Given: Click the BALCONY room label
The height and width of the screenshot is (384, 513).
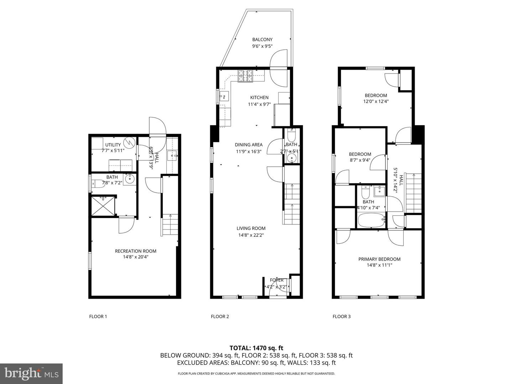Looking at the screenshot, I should pos(262,39).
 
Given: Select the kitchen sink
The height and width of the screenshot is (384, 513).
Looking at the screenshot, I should pos(224,96).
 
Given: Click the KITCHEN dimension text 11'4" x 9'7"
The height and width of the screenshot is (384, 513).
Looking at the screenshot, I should pos(259,105).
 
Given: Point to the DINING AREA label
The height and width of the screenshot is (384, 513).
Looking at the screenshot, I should pos(249,145).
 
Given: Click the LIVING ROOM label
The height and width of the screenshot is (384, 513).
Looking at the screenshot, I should pos(251,228).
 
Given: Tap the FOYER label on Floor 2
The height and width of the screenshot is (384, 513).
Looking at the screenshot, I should pos(277,280).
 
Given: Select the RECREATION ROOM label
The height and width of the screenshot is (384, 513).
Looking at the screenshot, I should pos(135,251).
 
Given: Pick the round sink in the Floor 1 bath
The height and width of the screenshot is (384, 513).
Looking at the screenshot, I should pos(129,178).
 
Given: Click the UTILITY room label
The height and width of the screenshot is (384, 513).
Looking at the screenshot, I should pos(113,145).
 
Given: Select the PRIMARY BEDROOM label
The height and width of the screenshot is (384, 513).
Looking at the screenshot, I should pos(379,259).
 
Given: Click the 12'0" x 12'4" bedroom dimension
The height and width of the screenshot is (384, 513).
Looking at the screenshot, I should pos(375,101).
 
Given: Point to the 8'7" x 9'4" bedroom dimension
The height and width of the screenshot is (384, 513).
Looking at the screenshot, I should pos(360,160).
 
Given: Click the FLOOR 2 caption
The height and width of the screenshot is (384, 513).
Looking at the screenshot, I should pos(220,316).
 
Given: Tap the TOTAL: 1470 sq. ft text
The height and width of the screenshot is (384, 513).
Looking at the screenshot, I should pos(256,348).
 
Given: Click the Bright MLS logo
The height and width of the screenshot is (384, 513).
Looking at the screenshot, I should pos(31,373).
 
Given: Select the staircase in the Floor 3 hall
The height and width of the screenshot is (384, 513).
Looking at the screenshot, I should pos(414,192).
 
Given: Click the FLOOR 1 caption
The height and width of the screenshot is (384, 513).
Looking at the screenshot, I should pos(98,316).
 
